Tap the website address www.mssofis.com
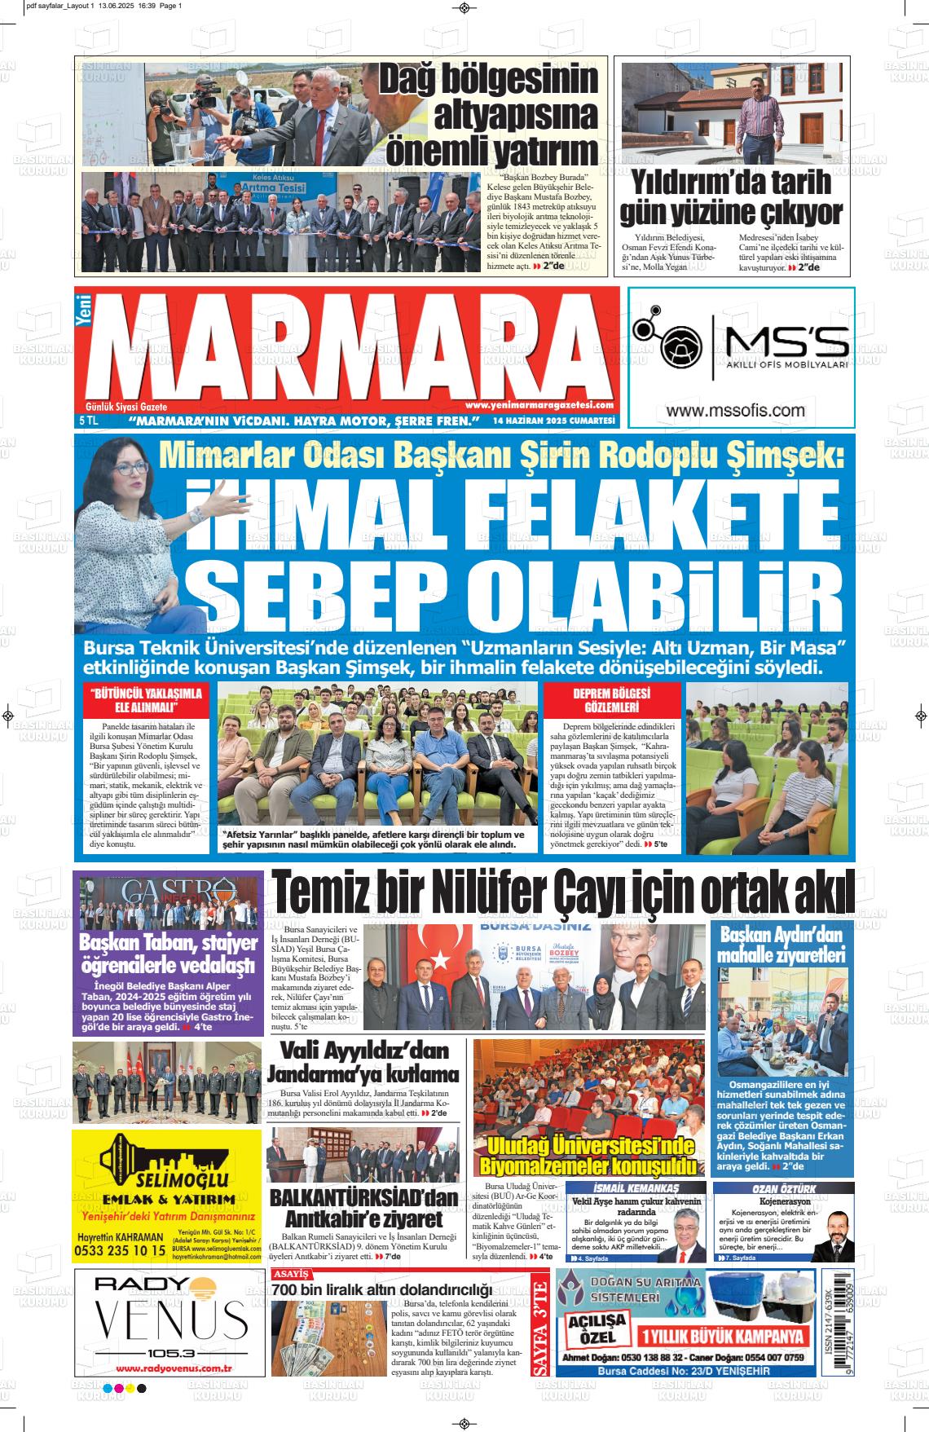tap(735, 412)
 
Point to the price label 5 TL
tap(88, 421)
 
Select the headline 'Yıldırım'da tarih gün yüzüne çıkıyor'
tap(731, 196)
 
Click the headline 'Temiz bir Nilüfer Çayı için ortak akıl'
tap(562, 894)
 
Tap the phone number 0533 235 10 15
tap(121, 1249)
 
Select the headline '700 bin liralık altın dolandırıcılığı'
tap(381, 1290)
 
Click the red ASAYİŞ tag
tap(291, 1274)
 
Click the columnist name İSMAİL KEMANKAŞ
tap(636, 1188)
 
